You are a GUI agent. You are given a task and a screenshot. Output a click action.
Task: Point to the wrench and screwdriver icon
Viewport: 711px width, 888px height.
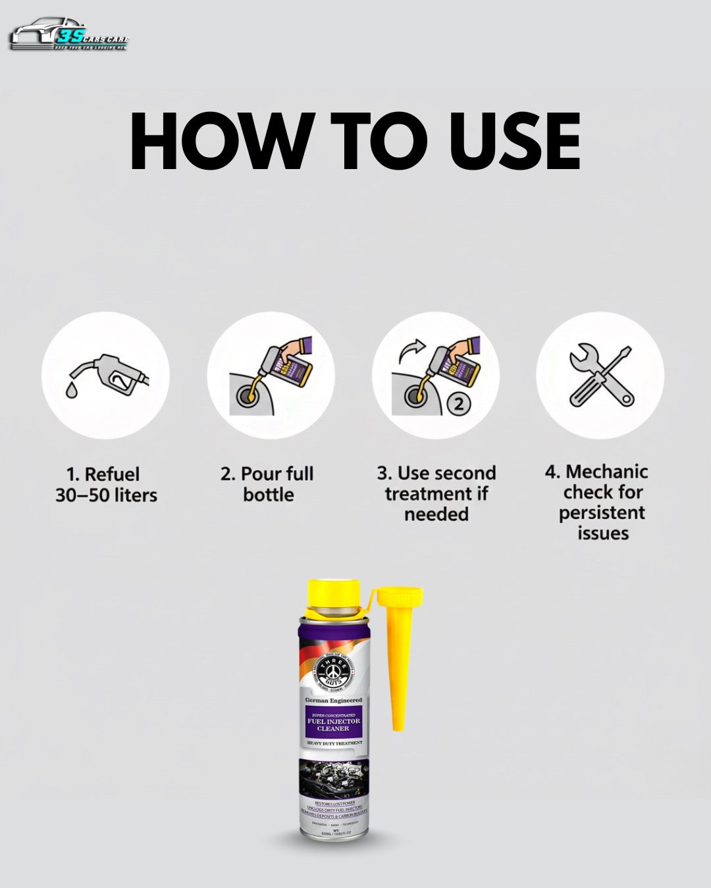point(600,376)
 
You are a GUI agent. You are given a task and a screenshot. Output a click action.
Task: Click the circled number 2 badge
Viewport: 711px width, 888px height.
point(459,403)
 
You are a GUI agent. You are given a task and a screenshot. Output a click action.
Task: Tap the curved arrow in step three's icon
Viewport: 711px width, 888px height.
point(412,351)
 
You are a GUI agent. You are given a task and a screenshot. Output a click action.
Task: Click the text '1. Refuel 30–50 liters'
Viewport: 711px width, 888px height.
point(106,484)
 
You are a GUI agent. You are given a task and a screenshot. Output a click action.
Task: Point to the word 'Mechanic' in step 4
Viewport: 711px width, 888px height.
point(606,472)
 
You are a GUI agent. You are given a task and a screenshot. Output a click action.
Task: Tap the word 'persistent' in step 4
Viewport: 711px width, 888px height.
point(602,512)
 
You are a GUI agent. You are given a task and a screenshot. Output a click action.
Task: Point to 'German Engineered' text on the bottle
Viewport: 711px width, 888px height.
point(333,701)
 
